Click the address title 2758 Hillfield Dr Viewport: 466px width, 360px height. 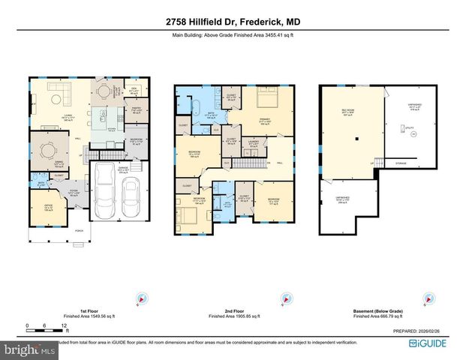pyautogui.click(x=233, y=22)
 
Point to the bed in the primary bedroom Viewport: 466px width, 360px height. pyautogui.click(x=264, y=99)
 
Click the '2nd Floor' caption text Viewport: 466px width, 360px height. pyautogui.click(x=232, y=309)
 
